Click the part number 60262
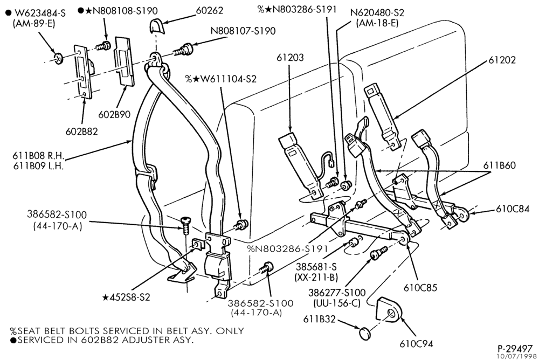209,10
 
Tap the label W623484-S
40,13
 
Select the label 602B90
114,114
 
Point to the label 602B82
81,131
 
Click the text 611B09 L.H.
38,166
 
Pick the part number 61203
290,58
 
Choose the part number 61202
502,60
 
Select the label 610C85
420,287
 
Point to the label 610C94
416,343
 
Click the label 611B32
319,320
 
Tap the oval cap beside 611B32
366,333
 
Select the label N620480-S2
377,13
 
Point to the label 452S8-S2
127,297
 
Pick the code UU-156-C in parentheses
336,303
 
